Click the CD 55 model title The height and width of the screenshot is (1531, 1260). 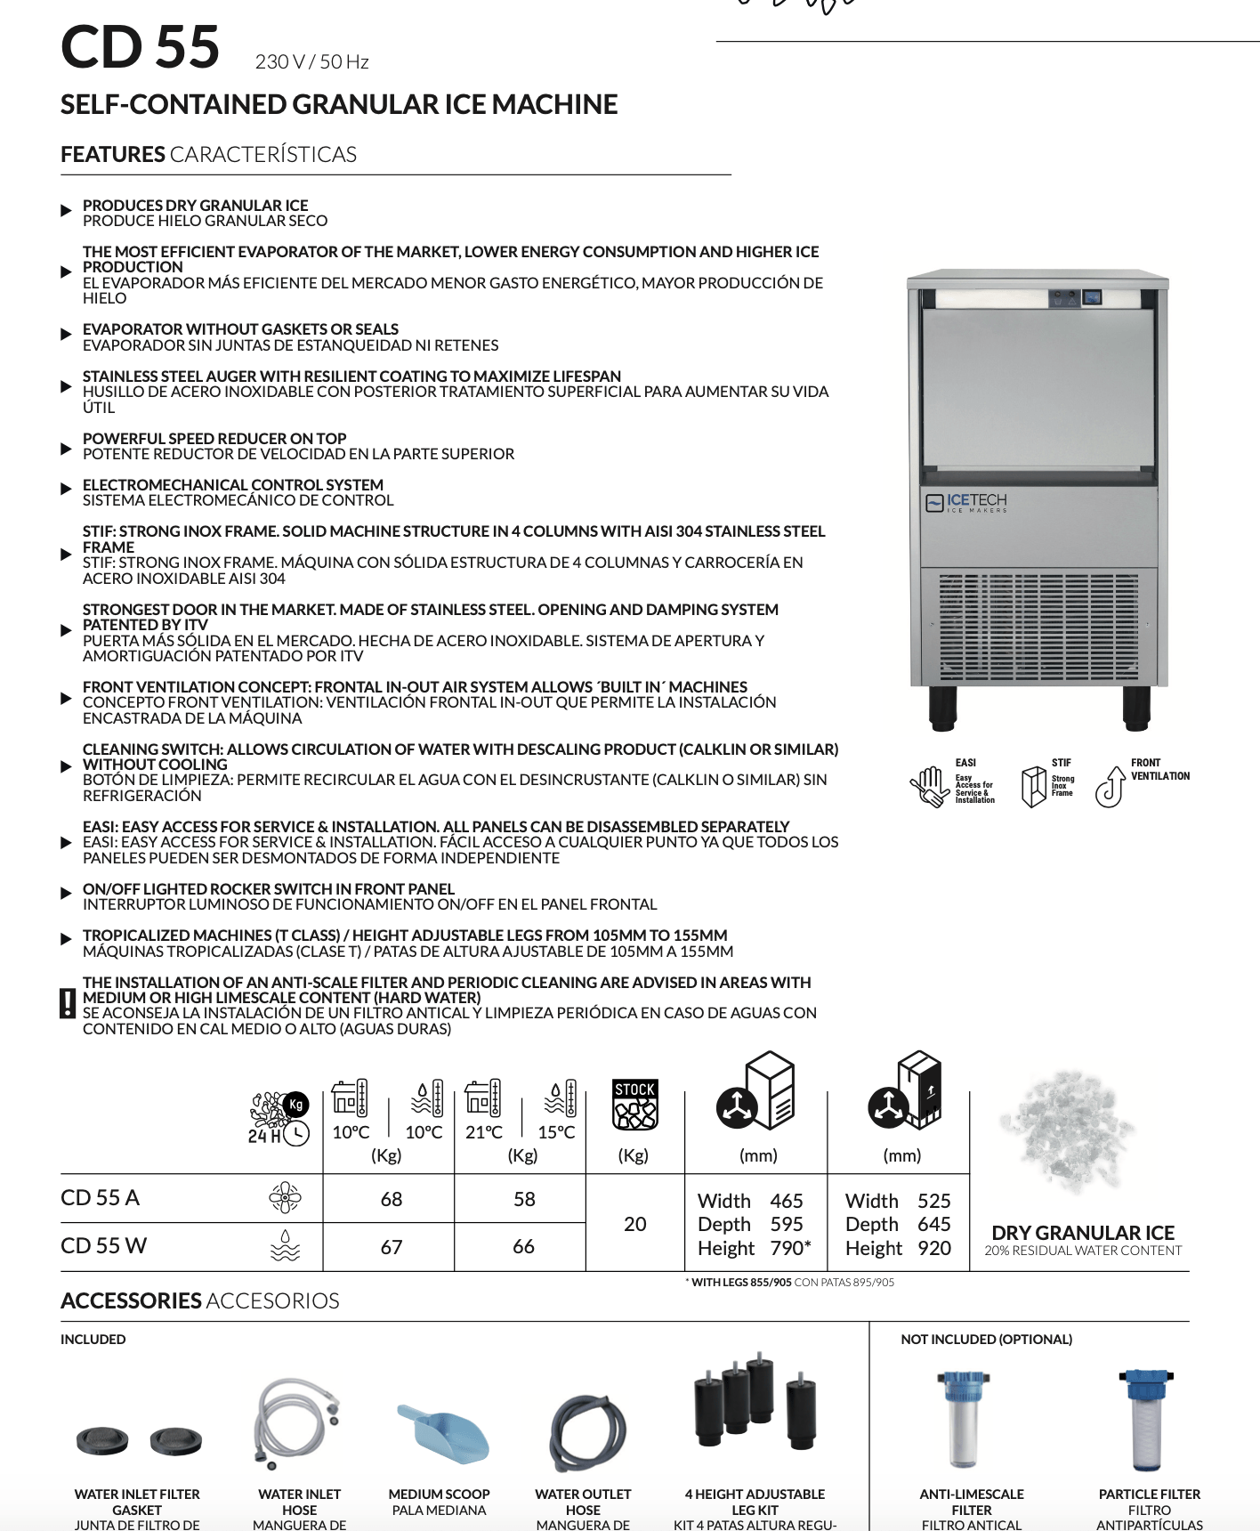pyautogui.click(x=140, y=47)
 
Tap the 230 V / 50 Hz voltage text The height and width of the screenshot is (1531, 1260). pyautogui.click(x=311, y=62)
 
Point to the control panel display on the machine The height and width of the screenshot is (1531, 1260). pyautogui.click(x=1091, y=297)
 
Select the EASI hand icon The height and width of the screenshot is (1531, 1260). pyautogui.click(x=929, y=785)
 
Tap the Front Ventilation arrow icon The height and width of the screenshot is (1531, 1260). pyautogui.click(x=1111, y=785)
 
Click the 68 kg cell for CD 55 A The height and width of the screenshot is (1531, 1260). pyautogui.click(x=392, y=1199)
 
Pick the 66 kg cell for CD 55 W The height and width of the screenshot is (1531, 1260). pyautogui.click(x=523, y=1246)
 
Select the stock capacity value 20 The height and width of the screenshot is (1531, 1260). pyautogui.click(x=634, y=1224)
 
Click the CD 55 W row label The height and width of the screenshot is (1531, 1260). pyautogui.click(x=104, y=1245)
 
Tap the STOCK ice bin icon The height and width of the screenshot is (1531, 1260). pyautogui.click(x=634, y=1105)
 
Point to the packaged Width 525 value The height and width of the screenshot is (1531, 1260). pyautogui.click(x=933, y=1201)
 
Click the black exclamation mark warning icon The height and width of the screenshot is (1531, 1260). pyautogui.click(x=68, y=1003)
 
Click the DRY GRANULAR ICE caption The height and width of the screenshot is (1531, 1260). pyautogui.click(x=1083, y=1233)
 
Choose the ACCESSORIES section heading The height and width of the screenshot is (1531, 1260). pyautogui.click(x=131, y=1300)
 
